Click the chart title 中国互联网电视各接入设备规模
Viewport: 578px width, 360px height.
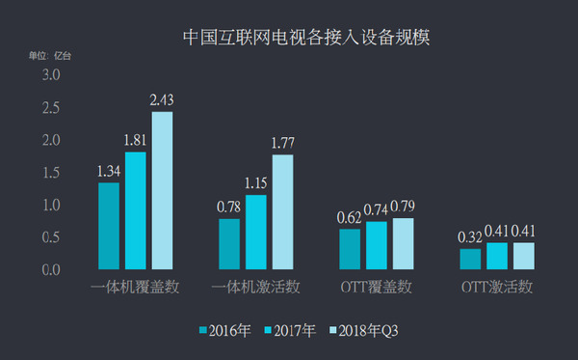tap(306, 39)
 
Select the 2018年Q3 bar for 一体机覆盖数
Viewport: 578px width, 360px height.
tap(162, 190)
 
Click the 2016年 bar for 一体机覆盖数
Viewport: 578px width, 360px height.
tap(109, 226)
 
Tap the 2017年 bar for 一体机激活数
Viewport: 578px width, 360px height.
tap(255, 232)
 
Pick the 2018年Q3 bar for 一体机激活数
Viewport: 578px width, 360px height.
tap(281, 211)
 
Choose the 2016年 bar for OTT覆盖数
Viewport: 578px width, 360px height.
tap(350, 249)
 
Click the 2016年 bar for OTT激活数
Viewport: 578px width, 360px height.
tap(470, 259)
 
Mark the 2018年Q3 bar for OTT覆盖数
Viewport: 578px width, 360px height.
tap(403, 243)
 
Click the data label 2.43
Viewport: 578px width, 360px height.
tap(162, 99)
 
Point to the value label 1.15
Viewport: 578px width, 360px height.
tap(255, 181)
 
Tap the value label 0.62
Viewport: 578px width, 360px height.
tap(350, 216)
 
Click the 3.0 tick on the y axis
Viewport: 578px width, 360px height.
tap(51, 75)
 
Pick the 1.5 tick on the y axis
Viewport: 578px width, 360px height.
tap(51, 173)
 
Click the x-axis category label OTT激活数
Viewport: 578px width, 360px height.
tap(497, 288)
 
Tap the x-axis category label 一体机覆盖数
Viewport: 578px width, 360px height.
tap(135, 288)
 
